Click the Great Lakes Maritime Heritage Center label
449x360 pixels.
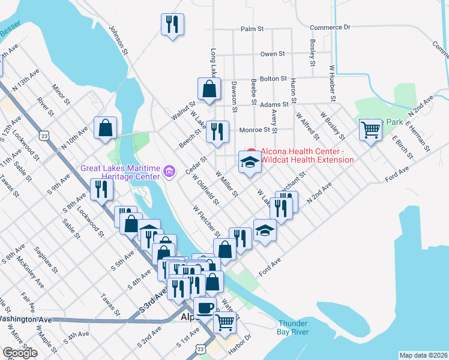[x=121, y=172]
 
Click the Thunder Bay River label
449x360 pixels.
[x=292, y=327]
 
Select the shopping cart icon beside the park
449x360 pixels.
[x=370, y=129]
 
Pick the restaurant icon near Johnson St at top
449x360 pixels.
[x=172, y=25]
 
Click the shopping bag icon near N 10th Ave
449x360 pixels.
[x=106, y=127]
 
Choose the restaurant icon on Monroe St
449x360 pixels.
[x=217, y=131]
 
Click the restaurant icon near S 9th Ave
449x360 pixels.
[x=101, y=189]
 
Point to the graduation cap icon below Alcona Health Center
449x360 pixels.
[x=250, y=161]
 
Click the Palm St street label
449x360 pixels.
[x=252, y=28]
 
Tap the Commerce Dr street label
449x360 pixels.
[x=330, y=28]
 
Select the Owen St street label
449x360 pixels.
[x=272, y=53]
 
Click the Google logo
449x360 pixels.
[x=20, y=352]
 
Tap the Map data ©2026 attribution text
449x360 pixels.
[x=424, y=355]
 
